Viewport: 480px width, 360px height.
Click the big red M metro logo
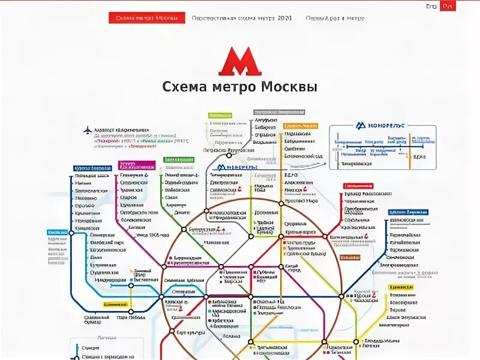239,61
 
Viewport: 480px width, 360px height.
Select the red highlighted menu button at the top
147,18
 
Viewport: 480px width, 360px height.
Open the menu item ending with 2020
242,18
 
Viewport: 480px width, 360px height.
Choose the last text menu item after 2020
335,18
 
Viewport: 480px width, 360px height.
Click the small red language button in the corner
447,6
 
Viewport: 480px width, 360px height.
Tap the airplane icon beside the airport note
88,130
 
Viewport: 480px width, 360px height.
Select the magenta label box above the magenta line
136,166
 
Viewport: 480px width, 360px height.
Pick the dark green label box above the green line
179,160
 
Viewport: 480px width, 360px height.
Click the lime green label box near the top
220,115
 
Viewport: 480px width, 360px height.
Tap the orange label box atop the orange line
301,126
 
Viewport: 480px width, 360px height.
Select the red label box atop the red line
358,187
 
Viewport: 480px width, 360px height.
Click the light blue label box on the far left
57,232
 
